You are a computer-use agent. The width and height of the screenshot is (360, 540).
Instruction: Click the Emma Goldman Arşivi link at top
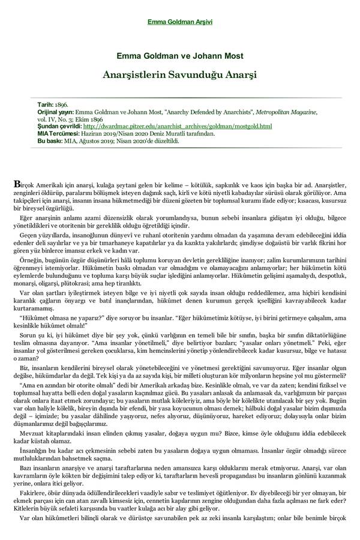tap(180, 22)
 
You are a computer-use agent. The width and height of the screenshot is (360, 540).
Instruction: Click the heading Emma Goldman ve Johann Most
tap(180, 56)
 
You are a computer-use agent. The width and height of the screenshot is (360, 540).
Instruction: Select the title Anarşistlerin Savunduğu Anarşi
tap(180, 76)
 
